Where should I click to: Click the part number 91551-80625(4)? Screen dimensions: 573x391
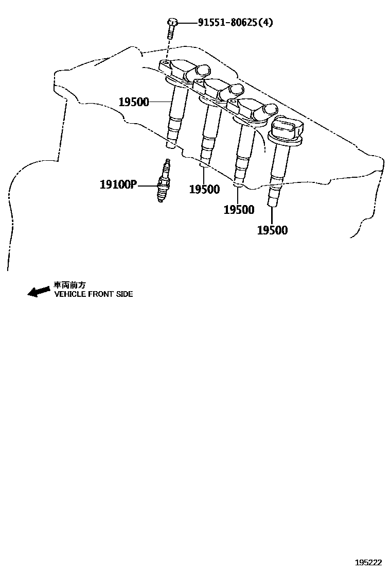point(236,23)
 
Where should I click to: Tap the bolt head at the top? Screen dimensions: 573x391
point(172,22)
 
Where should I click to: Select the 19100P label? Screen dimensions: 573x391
point(118,184)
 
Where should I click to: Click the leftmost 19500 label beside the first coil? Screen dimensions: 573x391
point(134,102)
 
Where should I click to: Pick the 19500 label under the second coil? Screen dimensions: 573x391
point(204,190)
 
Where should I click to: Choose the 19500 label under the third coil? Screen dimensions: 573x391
point(239,210)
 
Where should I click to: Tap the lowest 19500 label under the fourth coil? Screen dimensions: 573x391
point(272,230)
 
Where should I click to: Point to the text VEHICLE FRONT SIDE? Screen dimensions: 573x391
point(94,294)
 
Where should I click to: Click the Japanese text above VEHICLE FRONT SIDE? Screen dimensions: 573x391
point(70,285)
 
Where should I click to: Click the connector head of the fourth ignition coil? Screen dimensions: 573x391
point(286,129)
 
